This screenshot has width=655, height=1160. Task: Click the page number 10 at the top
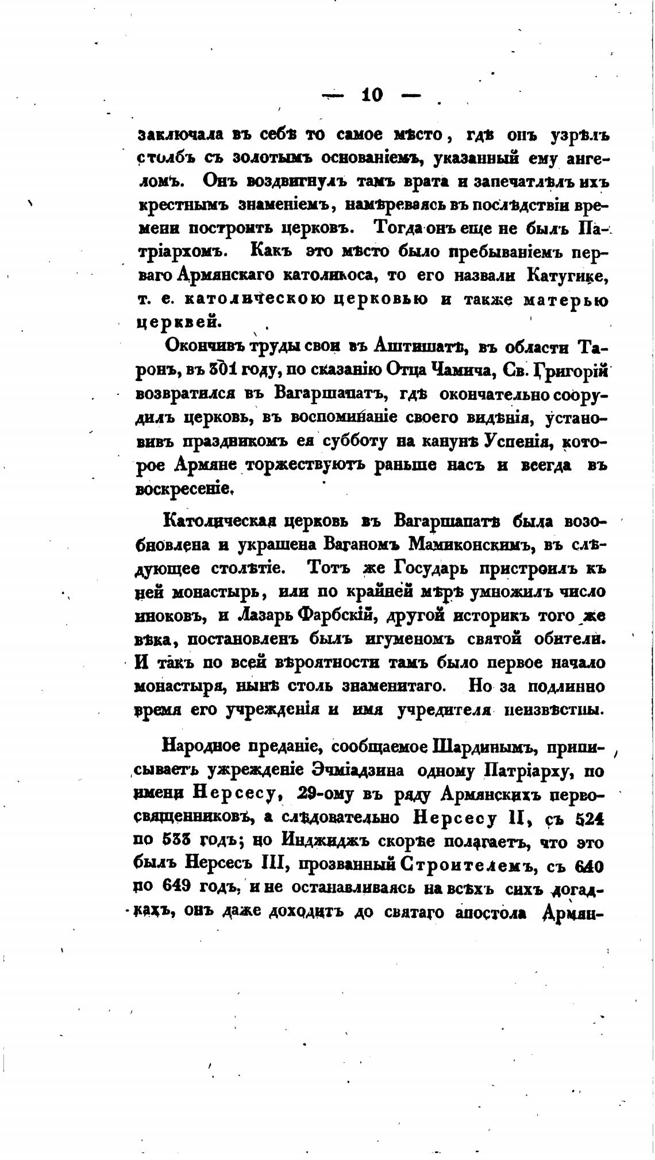point(372,95)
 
